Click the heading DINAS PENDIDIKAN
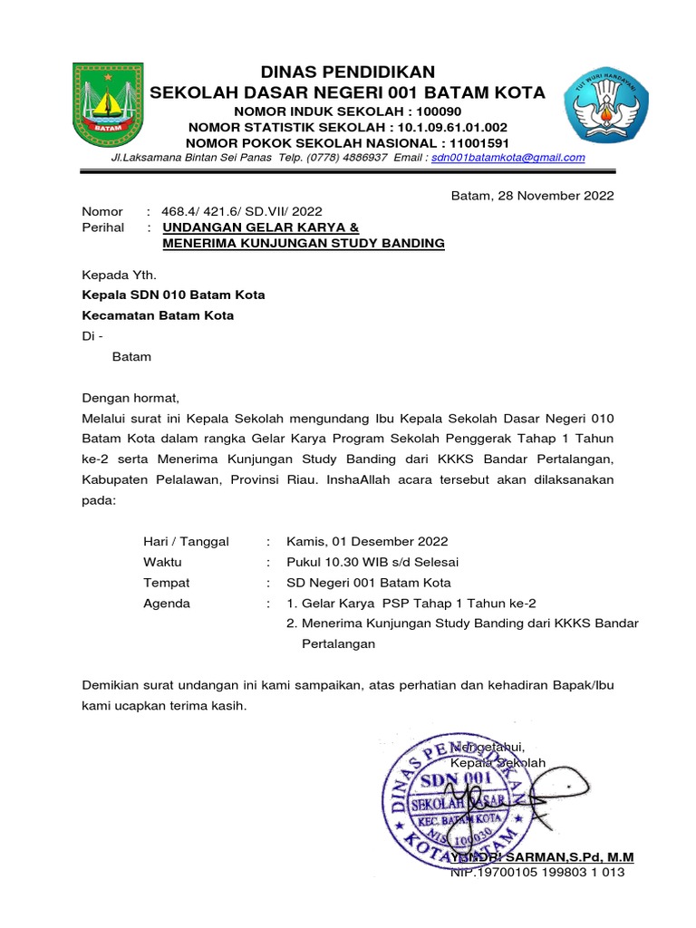348,72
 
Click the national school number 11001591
475,143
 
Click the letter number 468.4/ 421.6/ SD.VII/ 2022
241,211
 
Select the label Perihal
102,227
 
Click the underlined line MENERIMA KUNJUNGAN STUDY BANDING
304,243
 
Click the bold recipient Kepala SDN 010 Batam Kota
174,295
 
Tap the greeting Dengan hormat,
131,397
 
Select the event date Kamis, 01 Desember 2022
367,541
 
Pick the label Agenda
167,604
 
